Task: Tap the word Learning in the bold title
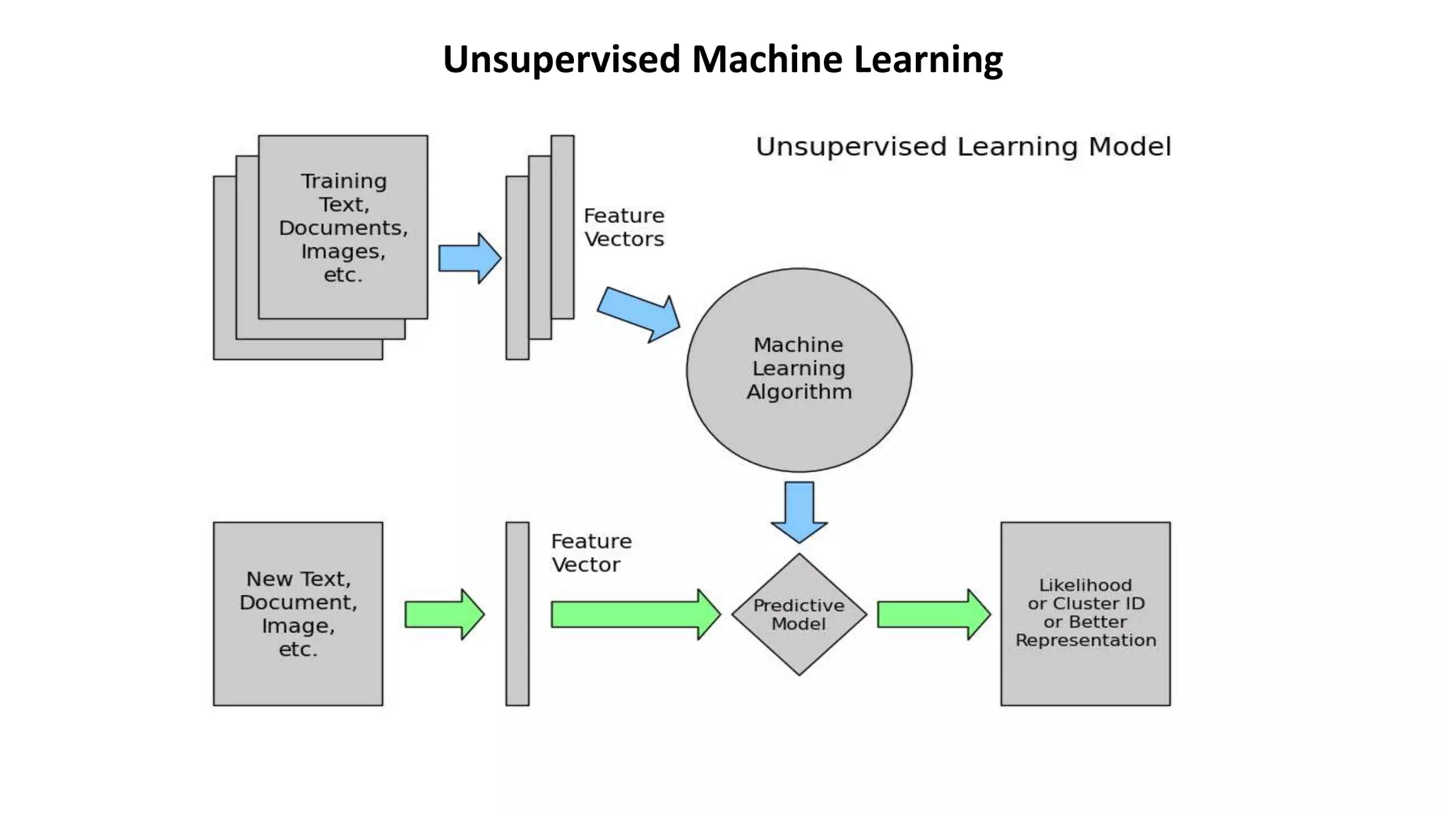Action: pyautogui.click(x=928, y=59)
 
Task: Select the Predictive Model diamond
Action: pyautogui.click(x=799, y=649)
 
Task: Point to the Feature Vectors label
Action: pyautogui.click(x=624, y=227)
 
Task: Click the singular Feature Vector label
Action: pyautogui.click(x=590, y=553)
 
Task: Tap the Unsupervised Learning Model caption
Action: pyautogui.click(x=963, y=147)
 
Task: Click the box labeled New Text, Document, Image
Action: pyautogui.click(x=298, y=677)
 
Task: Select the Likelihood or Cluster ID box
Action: pyautogui.click(x=1085, y=677)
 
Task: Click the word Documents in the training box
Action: pyautogui.click(x=343, y=228)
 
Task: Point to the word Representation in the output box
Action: pyautogui.click(x=1085, y=640)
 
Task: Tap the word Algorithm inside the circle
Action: pyautogui.click(x=799, y=392)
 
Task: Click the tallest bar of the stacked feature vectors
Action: pyautogui.click(x=562, y=226)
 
